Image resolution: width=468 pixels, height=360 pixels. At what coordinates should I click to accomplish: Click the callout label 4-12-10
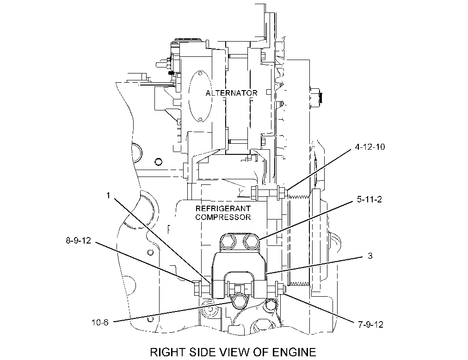click(x=370, y=147)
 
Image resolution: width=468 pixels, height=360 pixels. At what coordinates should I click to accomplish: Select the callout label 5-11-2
click(x=369, y=199)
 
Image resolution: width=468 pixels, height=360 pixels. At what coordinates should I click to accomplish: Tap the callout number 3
click(x=370, y=256)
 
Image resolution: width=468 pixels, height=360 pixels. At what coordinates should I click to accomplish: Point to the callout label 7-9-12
click(x=370, y=324)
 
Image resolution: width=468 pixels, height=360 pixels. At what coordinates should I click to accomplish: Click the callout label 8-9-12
click(x=78, y=240)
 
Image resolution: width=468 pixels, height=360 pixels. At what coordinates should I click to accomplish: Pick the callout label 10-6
click(x=100, y=323)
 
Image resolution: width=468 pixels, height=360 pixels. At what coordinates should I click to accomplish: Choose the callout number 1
click(x=108, y=195)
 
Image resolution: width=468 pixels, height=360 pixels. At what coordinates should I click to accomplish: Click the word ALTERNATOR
click(x=231, y=93)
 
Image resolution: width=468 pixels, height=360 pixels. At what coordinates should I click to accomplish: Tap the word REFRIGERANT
click(x=223, y=208)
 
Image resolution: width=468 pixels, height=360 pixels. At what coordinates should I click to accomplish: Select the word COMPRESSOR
click(x=223, y=217)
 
